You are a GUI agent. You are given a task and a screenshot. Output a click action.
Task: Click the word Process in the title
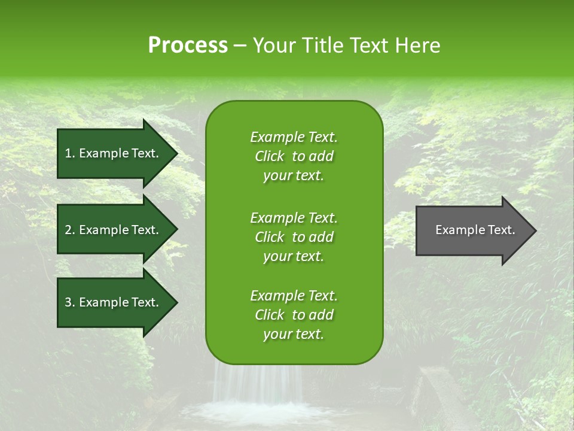188,45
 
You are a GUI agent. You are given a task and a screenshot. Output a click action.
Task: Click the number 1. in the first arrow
69,153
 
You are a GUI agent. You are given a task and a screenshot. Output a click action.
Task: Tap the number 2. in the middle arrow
69,230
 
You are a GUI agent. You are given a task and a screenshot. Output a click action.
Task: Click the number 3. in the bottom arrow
69,302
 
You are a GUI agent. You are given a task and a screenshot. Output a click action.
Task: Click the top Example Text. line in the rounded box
294,137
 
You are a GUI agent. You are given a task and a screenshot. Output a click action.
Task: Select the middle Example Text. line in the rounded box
294,217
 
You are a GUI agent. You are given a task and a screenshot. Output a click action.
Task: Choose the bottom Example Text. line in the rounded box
294,296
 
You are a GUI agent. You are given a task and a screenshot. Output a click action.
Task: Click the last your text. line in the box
294,335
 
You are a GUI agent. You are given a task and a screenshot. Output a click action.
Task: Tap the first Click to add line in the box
294,156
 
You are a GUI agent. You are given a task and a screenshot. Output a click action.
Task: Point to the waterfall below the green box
257,389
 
